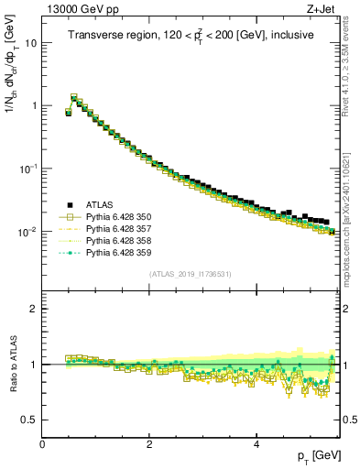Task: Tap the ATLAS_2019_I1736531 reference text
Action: [x=190, y=274]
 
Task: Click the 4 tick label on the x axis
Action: [x=256, y=444]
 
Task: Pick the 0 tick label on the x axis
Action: [x=42, y=444]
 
